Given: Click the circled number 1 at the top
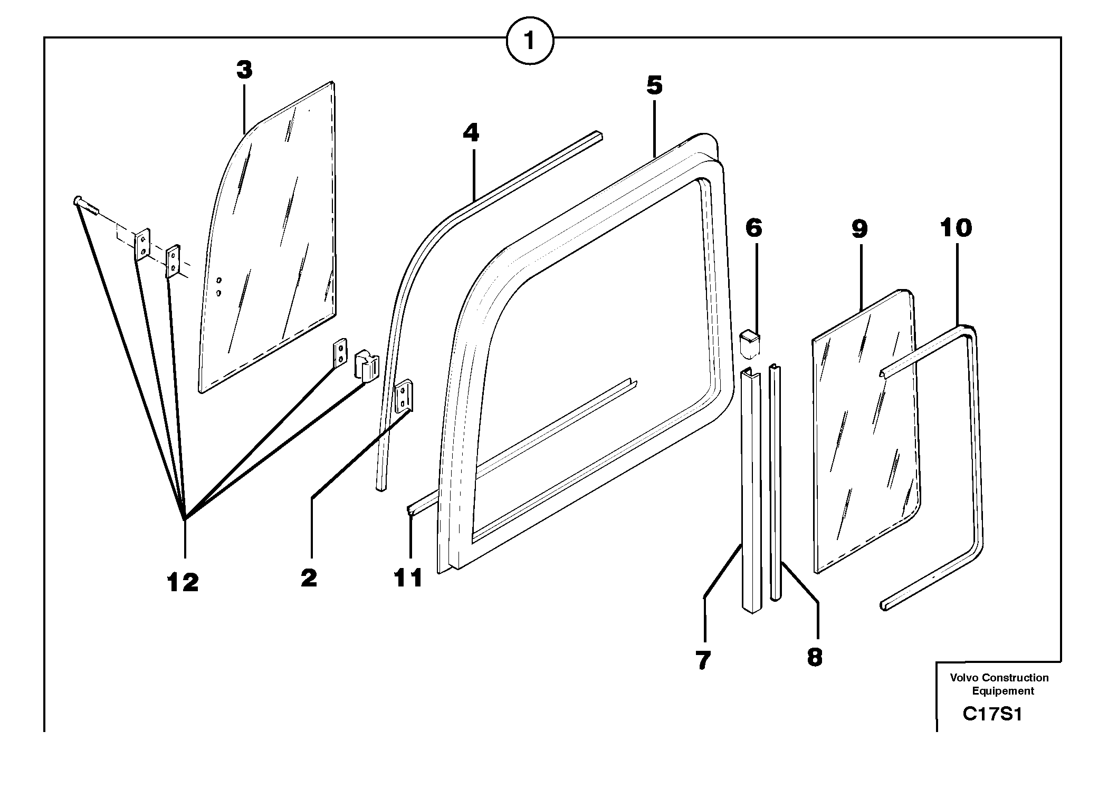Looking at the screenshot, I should [529, 41].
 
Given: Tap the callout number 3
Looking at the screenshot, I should [244, 70].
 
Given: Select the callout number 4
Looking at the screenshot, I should [471, 133].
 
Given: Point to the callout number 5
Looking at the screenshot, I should [654, 85].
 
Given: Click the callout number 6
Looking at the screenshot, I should [754, 228].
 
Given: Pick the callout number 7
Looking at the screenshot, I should [703, 660].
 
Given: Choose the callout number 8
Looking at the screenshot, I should [815, 658].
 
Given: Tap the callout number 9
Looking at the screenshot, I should [859, 229].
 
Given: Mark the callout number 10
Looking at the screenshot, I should [956, 228].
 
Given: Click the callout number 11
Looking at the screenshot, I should [409, 579].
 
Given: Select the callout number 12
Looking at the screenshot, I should [183, 583].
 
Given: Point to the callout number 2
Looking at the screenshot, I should [309, 579].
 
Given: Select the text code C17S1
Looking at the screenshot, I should [992, 715].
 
